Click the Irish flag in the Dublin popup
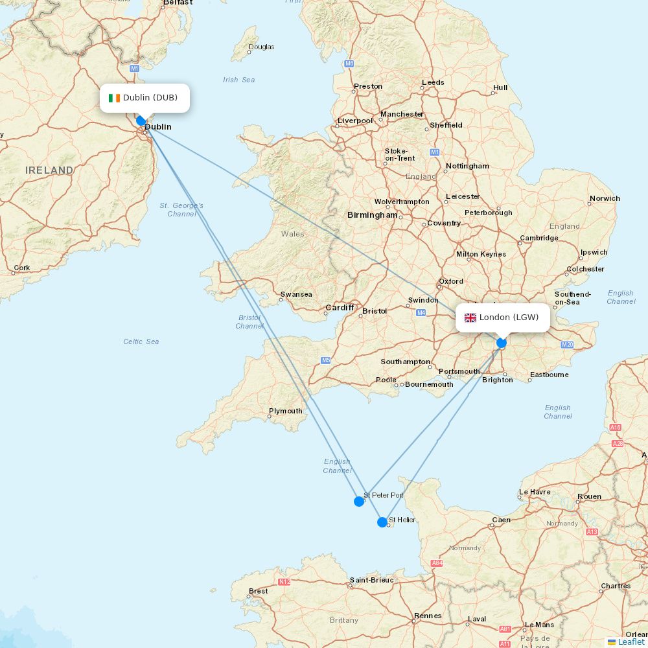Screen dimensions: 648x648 point(114,98)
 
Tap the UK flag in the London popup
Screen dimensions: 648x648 point(470,318)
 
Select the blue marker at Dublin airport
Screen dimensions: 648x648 point(141,121)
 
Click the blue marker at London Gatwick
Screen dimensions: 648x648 point(502,343)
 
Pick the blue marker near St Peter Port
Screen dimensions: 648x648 point(359,502)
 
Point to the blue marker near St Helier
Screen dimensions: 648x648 point(382,522)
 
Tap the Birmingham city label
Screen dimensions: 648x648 point(372,215)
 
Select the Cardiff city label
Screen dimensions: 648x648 point(340,308)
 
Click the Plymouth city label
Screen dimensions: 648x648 point(285,411)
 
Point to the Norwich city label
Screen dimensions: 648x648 point(605,198)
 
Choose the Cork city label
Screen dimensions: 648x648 point(22,268)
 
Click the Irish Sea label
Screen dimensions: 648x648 point(239,80)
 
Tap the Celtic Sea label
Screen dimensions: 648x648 point(141,341)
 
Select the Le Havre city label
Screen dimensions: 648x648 point(535,492)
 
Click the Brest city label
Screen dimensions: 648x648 point(258,591)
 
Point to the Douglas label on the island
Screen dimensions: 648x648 point(262,47)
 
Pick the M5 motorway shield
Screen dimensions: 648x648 point(325,360)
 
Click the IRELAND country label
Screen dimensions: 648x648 point(49,170)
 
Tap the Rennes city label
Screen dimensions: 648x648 point(428,616)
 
